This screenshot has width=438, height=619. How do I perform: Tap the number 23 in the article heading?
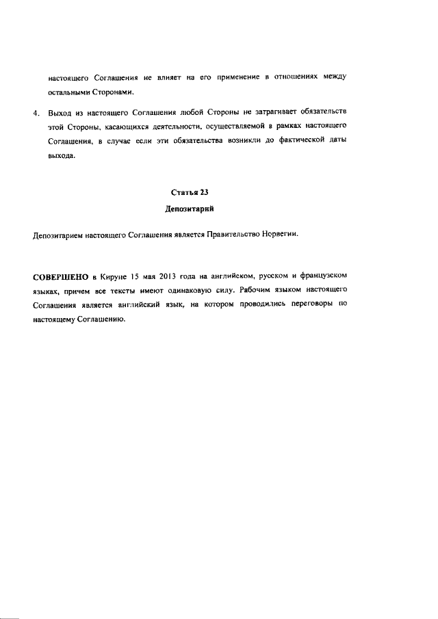(204, 194)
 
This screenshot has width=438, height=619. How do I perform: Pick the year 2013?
(170, 277)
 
